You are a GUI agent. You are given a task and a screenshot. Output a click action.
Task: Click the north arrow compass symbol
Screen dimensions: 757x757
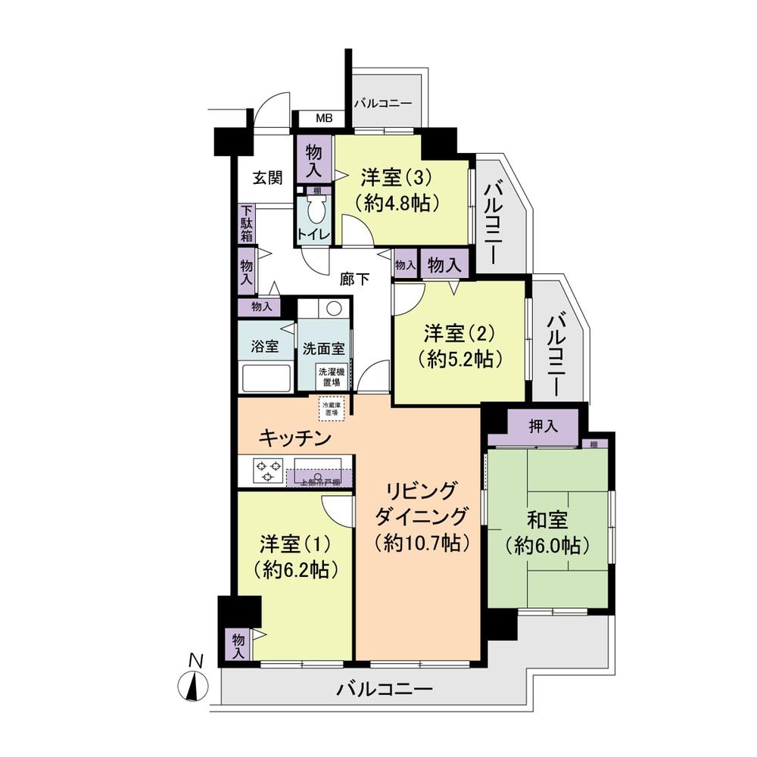[195, 684]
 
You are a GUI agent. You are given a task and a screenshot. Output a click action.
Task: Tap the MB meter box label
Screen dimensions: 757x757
[323, 119]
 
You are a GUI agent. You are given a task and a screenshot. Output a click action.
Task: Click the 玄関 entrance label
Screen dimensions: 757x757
[267, 178]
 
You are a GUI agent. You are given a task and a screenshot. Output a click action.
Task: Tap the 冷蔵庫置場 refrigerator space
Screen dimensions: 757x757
[331, 408]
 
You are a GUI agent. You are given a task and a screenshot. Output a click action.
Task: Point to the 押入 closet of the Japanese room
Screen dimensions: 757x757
[543, 426]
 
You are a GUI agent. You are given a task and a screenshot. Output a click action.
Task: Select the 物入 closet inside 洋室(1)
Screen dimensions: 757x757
[238, 644]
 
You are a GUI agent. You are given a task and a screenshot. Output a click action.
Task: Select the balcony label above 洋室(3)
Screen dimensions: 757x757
[383, 102]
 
